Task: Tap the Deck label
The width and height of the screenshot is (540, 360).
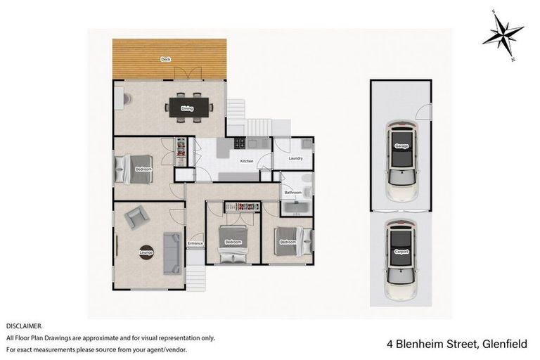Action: (x=166, y=59)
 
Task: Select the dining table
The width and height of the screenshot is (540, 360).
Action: (x=188, y=108)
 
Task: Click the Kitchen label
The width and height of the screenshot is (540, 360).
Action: (x=246, y=162)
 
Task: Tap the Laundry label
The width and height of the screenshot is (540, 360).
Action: (x=296, y=159)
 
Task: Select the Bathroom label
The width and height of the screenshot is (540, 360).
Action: (x=292, y=192)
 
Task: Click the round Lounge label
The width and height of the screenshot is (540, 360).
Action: (x=146, y=251)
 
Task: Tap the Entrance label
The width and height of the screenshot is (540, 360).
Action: (x=195, y=243)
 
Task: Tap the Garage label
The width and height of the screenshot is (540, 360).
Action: (x=401, y=146)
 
